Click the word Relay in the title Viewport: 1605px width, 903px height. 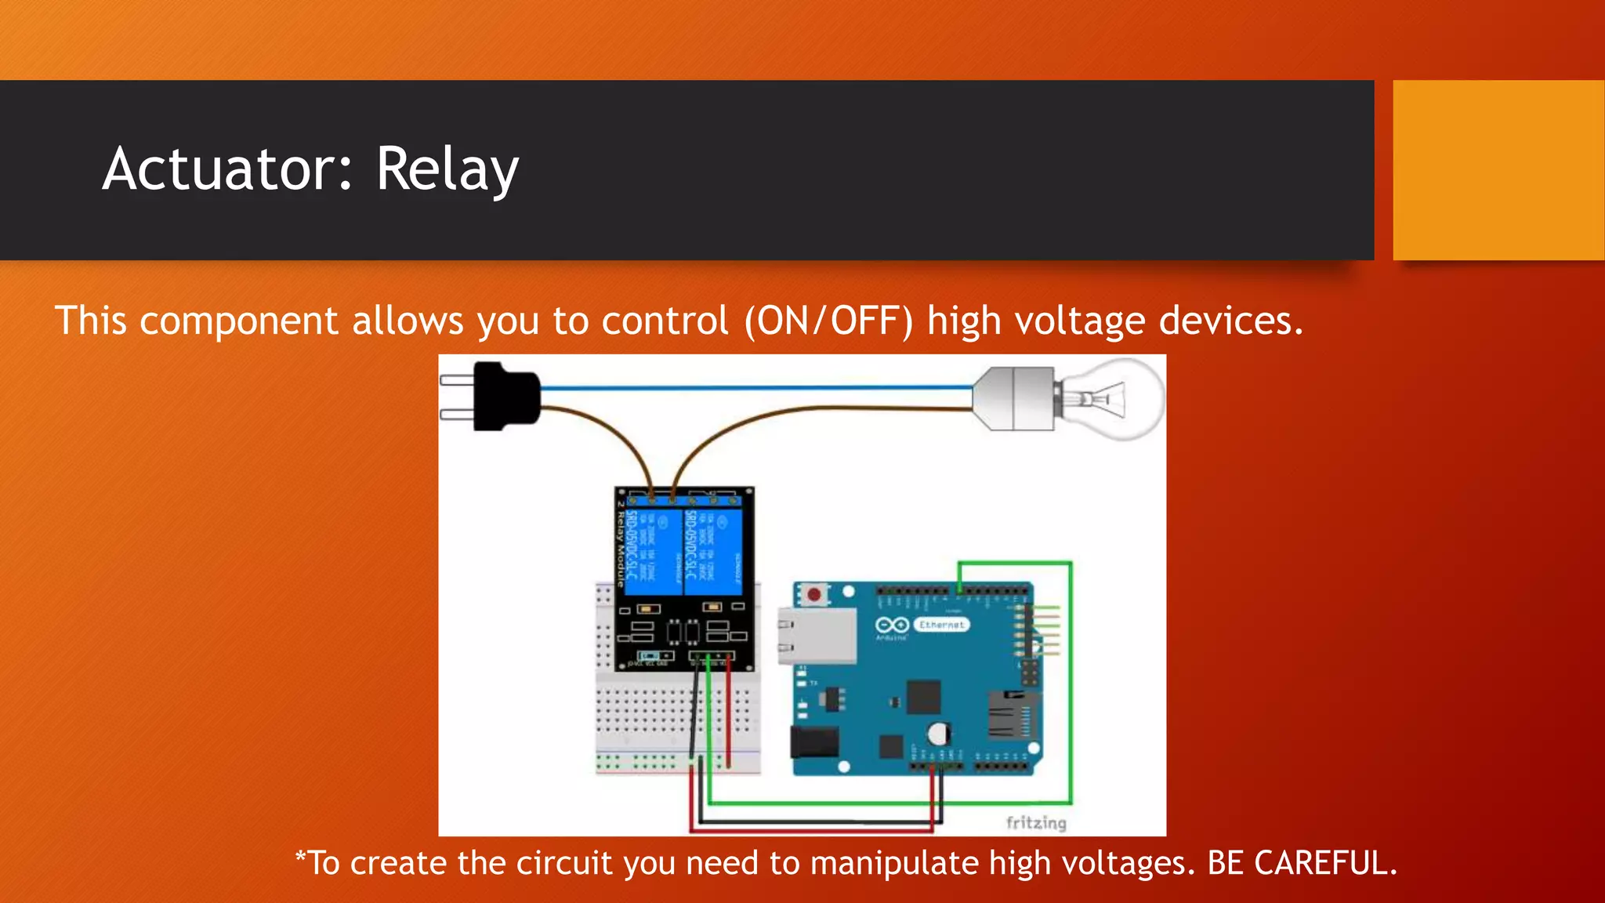click(x=447, y=169)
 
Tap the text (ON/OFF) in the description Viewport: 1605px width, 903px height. click(x=828, y=321)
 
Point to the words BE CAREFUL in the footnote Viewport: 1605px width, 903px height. click(x=1302, y=863)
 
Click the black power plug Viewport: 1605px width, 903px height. click(x=505, y=396)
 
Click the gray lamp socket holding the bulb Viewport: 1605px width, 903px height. click(x=1013, y=398)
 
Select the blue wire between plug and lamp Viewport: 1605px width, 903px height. click(x=752, y=387)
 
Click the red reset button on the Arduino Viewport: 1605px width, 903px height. click(x=814, y=594)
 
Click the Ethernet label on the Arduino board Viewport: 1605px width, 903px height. click(x=941, y=625)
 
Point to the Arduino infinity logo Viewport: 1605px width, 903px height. click(x=892, y=625)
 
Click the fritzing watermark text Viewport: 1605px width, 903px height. click(x=1036, y=822)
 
